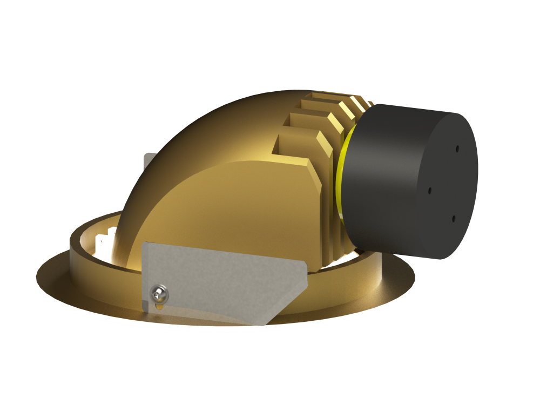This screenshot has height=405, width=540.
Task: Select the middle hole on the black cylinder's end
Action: pyautogui.click(x=430, y=191)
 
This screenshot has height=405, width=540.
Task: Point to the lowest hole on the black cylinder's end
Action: pyautogui.click(x=453, y=219)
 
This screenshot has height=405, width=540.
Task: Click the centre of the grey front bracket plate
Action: pyautogui.click(x=221, y=281)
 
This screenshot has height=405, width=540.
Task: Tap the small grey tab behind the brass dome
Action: pyautogui.click(x=147, y=162)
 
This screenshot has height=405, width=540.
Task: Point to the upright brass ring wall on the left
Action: pyautogui.click(x=78, y=243)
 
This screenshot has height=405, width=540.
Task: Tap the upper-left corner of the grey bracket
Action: pyautogui.click(x=145, y=246)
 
